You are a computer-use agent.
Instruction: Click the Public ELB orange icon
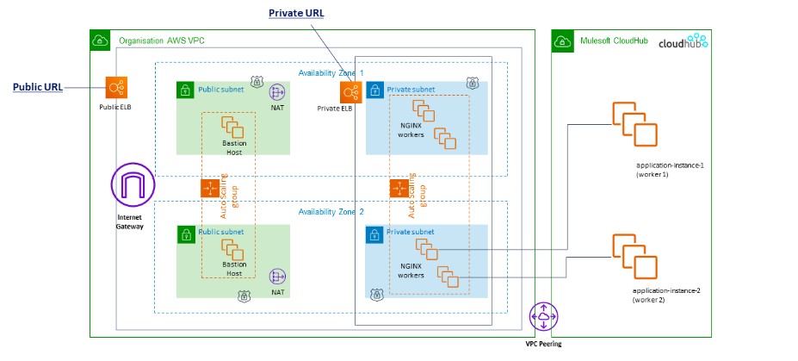click(117, 88)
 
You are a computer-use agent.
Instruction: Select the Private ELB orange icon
click(351, 92)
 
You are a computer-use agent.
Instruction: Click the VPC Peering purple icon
click(543, 317)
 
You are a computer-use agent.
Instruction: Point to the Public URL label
click(37, 87)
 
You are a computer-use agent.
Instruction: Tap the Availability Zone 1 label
click(331, 73)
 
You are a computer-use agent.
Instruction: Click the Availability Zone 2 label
click(331, 212)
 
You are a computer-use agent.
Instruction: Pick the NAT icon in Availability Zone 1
click(277, 92)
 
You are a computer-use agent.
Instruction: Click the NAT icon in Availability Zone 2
click(277, 277)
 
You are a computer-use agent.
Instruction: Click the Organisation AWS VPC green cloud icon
click(100, 40)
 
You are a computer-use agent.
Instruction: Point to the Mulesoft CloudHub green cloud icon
click(563, 40)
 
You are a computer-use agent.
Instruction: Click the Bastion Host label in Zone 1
click(234, 147)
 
